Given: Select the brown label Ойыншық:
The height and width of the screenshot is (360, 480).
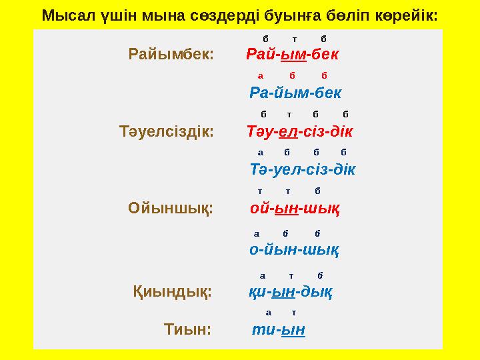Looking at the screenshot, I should (170, 209).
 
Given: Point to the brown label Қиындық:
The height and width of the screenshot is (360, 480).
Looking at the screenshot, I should (173, 291).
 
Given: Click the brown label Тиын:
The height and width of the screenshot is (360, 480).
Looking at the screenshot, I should (187, 329).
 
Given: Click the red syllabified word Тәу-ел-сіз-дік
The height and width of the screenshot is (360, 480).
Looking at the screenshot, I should (299, 131).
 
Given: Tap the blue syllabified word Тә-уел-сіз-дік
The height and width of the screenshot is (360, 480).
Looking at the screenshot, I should (302, 169).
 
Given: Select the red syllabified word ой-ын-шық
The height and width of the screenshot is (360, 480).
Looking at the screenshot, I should (295, 209).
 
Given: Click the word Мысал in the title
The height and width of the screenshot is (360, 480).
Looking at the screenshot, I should (64, 15).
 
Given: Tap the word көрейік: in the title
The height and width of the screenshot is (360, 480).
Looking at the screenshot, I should (407, 15).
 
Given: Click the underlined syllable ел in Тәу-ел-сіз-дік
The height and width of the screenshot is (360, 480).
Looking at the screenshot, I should (284, 131).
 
